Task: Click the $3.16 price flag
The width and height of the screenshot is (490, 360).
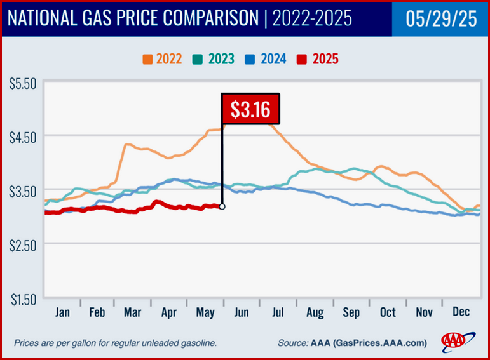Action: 249,109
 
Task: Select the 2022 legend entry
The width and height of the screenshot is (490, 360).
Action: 162,59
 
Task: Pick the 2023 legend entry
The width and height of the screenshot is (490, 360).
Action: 214,59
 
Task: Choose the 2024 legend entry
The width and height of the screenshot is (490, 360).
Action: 265,59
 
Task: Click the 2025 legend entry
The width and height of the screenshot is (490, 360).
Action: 317,59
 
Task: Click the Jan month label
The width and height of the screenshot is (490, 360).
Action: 62,312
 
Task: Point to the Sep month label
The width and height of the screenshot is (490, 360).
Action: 351,312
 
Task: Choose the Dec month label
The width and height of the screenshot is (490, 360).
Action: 461,312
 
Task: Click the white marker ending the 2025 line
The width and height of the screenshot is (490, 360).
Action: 222,206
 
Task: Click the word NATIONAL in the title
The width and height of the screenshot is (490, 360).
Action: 46,19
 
